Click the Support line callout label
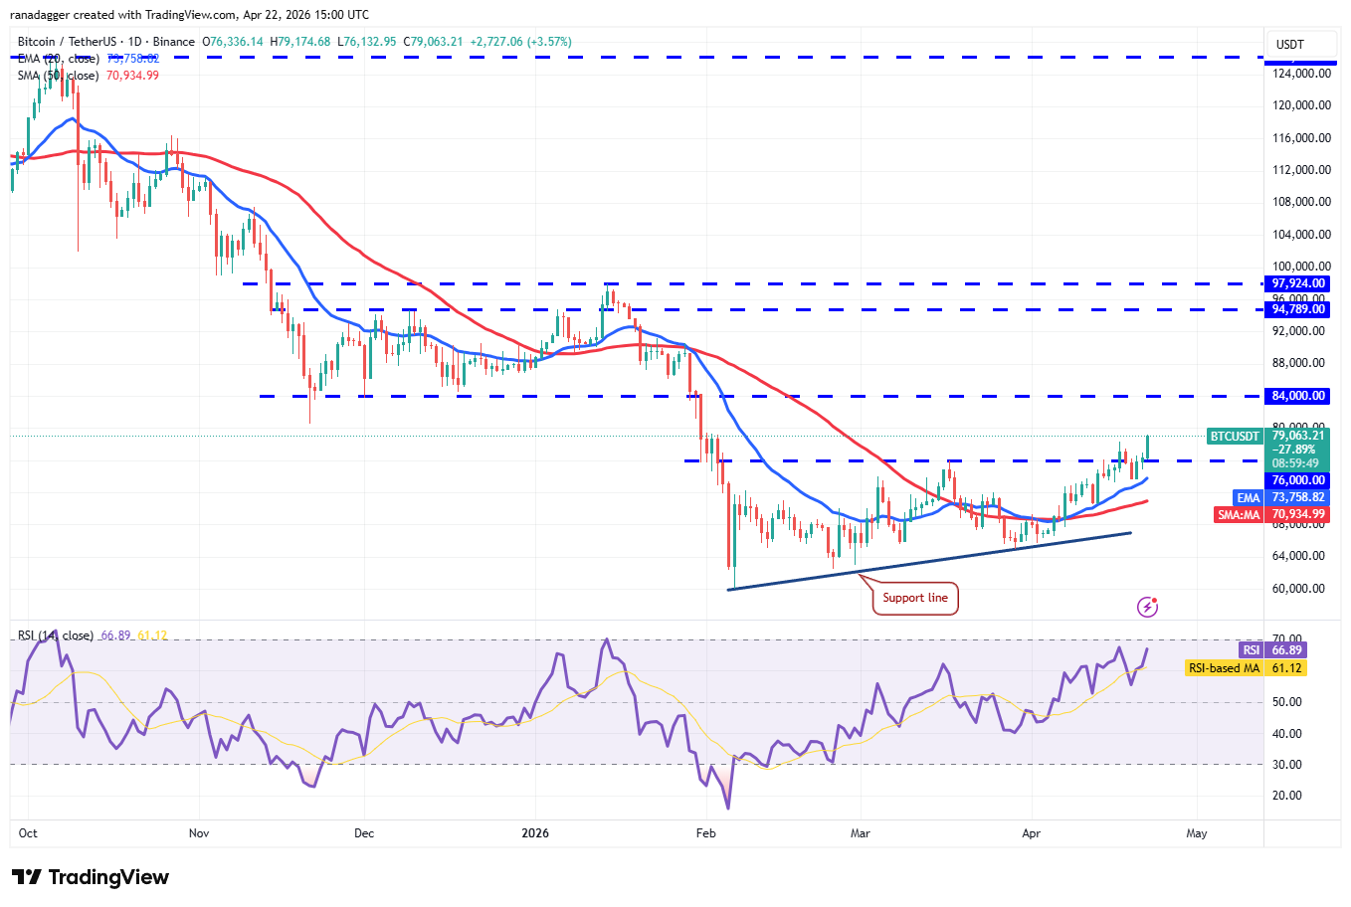[x=915, y=598]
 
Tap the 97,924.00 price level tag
[x=1298, y=283]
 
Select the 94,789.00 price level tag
[x=1298, y=309]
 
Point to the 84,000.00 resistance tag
[x=1298, y=396]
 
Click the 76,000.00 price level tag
[x=1298, y=480]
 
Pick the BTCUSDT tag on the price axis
[x=1235, y=437]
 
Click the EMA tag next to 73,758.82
[x=1248, y=497]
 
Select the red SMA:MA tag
[x=1239, y=514]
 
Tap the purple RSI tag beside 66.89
[x=1251, y=650]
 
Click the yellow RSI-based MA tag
[x=1223, y=668]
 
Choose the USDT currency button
[x=1290, y=45]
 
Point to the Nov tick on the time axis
[x=199, y=833]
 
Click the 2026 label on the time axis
[x=535, y=833]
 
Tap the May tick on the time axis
[x=1197, y=833]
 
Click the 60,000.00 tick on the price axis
[x=1298, y=589]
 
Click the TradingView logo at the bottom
[x=91, y=877]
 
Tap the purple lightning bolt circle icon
[x=1147, y=607]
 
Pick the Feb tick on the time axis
[x=705, y=833]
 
